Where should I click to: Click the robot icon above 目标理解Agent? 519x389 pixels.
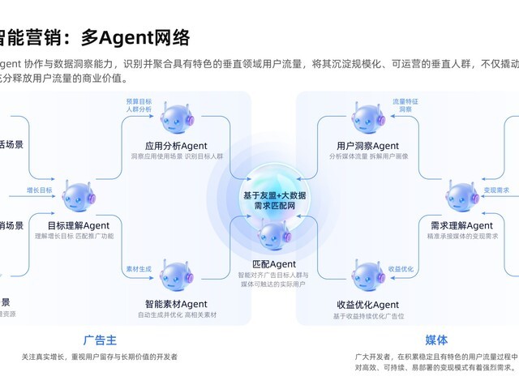pos(74,198)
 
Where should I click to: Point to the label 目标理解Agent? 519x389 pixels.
pos(74,225)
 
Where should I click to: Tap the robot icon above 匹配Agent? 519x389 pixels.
pos(273,238)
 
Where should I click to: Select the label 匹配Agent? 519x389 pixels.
pos(274,264)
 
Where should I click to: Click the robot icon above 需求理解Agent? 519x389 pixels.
pos(462,198)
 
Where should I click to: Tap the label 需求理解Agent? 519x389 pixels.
pos(461,225)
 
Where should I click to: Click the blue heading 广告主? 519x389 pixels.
pos(100,340)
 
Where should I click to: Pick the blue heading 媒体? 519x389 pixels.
pos(436,340)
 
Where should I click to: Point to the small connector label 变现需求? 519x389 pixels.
pos(496,190)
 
